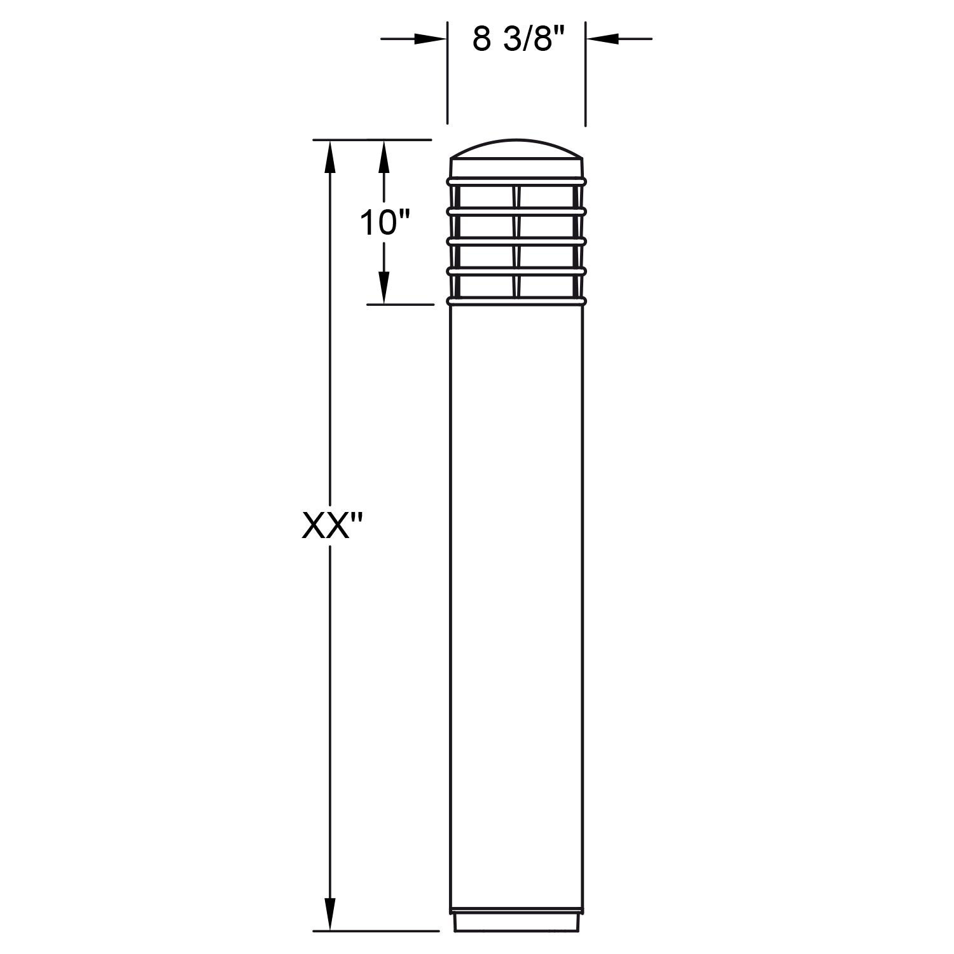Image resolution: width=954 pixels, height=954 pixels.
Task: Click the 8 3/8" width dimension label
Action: point(519,39)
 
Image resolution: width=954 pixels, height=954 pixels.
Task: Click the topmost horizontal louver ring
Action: point(516,182)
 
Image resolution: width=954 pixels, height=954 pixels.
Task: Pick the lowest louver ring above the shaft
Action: point(516,301)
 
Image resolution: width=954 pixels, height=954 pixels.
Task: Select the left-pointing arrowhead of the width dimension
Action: point(603,39)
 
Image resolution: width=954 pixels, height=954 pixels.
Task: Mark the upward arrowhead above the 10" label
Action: point(384,156)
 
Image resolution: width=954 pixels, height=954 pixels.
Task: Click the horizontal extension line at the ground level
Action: point(375,931)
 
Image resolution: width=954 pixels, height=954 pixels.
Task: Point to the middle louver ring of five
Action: point(516,241)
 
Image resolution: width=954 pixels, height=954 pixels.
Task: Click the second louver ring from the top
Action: point(516,211)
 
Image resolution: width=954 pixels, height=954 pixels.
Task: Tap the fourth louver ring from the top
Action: point(516,272)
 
